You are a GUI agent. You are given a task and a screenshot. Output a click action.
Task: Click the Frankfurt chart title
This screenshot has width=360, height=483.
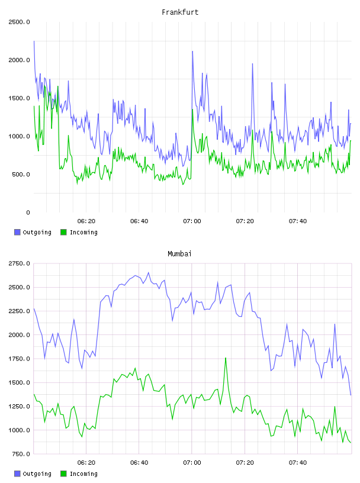180,12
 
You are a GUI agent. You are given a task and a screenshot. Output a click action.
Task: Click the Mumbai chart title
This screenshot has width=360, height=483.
179,254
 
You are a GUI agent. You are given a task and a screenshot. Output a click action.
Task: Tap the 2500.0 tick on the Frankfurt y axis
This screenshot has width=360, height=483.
20,22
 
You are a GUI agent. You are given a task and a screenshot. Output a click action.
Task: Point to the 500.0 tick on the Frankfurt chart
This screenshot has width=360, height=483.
21,175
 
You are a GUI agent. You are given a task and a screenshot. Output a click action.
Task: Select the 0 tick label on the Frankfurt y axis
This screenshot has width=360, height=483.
28,212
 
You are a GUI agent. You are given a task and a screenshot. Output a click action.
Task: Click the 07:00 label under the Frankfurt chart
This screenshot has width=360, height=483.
192,221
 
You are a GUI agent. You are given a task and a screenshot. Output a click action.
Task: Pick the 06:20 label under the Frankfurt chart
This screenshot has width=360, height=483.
86,221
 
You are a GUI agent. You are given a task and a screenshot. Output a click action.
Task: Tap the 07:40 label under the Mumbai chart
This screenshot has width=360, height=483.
298,463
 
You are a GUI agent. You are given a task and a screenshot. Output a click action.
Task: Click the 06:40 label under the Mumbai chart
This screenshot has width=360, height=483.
139,463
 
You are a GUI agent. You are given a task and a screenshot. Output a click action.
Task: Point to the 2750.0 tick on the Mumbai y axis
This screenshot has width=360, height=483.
20,263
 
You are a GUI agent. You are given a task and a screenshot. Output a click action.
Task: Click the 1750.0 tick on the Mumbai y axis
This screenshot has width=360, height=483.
20,359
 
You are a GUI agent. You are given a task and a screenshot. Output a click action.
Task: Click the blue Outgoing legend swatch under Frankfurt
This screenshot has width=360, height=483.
17,232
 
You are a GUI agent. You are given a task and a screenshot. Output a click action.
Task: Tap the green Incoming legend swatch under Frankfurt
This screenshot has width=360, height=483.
63,232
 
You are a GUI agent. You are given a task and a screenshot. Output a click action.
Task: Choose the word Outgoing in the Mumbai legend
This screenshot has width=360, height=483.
37,474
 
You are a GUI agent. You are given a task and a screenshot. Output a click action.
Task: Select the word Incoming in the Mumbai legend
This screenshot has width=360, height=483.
83,474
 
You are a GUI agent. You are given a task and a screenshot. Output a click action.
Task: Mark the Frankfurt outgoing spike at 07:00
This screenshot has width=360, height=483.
192,51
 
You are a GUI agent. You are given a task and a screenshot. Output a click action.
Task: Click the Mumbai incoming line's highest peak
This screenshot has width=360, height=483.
226,358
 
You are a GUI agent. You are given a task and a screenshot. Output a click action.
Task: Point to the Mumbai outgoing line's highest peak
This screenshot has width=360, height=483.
148,273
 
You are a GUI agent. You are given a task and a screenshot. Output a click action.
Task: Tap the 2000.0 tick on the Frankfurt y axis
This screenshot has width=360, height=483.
20,60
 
